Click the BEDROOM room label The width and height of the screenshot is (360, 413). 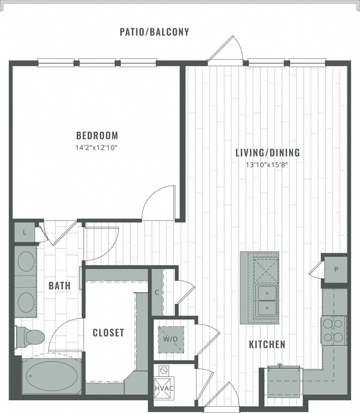(x=97, y=135)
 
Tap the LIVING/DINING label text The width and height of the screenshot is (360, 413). (x=268, y=152)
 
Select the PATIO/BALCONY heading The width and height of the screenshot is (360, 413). (x=155, y=32)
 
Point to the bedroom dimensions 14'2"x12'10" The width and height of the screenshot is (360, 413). (x=97, y=148)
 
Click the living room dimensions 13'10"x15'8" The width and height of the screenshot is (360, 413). (x=268, y=165)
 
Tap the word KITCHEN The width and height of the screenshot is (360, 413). (x=267, y=344)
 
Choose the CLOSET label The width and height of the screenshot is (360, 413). (x=108, y=333)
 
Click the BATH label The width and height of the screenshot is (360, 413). (x=59, y=285)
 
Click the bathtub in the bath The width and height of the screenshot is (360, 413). (x=51, y=375)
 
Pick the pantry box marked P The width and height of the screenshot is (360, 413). (x=335, y=269)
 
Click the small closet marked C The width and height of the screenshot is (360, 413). (x=157, y=292)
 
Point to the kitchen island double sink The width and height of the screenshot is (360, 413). (x=267, y=300)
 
